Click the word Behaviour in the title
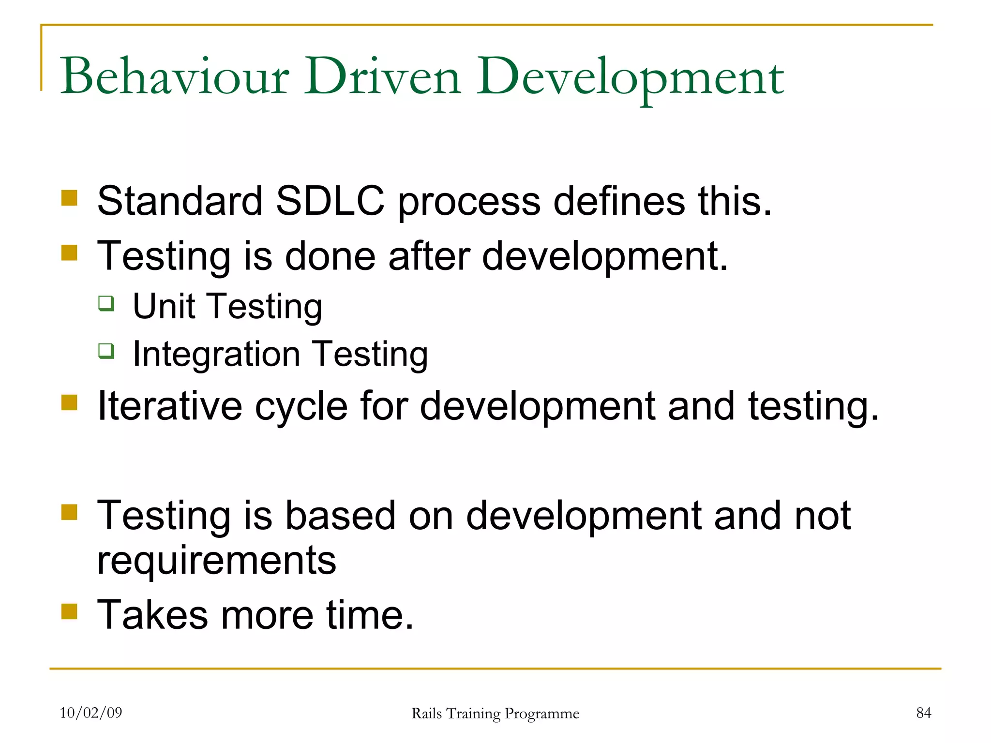pos(174,76)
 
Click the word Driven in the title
pos(382,76)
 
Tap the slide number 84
pos(923,713)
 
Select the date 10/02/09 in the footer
pos(91,713)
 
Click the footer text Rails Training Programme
pos(495,713)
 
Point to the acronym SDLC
pos(330,201)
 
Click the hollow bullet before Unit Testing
pos(106,304)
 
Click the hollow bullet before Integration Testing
pos(106,351)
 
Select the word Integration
pos(216,355)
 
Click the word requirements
pos(216,561)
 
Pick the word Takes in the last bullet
pos(152,614)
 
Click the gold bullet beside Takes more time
pos(70,611)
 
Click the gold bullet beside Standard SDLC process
pos(70,198)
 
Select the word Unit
pos(164,306)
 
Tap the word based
pos(340,516)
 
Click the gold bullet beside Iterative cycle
pos(70,402)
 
